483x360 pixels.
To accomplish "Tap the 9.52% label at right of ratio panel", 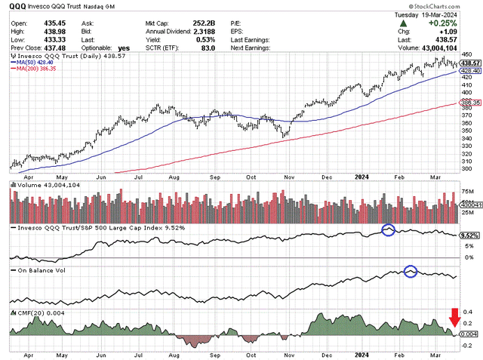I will tap(469, 235).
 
